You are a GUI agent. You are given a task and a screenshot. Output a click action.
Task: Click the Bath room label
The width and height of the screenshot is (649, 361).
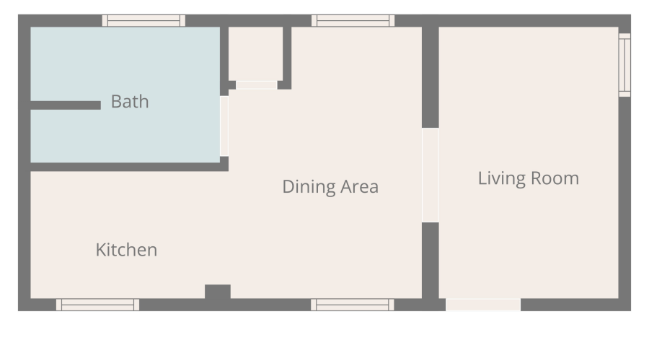pyautogui.click(x=130, y=102)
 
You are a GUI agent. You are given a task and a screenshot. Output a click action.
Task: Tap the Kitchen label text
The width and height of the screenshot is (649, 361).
pyautogui.click(x=126, y=250)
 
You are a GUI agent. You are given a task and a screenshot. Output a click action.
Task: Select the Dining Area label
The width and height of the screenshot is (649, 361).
pyautogui.click(x=330, y=187)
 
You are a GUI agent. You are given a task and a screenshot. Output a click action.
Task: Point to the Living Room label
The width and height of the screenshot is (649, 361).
pyautogui.click(x=529, y=178)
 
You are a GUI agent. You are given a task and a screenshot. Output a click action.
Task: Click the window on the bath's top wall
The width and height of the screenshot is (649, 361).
pyautogui.click(x=144, y=20)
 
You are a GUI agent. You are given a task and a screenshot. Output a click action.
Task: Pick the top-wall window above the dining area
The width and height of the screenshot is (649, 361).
pyautogui.click(x=353, y=20)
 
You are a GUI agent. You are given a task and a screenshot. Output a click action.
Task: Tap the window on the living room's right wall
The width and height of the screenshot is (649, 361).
pyautogui.click(x=624, y=65)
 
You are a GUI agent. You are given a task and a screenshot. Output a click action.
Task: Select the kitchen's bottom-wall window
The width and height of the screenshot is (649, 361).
pyautogui.click(x=97, y=305)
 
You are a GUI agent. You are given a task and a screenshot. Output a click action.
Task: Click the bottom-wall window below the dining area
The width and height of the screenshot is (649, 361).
pyautogui.click(x=352, y=305)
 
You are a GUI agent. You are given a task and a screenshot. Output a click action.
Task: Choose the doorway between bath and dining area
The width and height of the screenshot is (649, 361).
pyautogui.click(x=224, y=126)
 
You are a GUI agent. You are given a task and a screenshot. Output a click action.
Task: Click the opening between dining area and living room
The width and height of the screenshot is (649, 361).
pyautogui.click(x=430, y=175)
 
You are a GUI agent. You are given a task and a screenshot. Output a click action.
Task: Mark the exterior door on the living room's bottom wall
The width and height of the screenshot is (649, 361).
pyautogui.click(x=483, y=305)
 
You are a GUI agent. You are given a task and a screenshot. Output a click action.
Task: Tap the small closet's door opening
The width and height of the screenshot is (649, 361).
pyautogui.click(x=256, y=85)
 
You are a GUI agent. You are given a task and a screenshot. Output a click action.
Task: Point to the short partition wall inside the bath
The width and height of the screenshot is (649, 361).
pyautogui.click(x=66, y=105)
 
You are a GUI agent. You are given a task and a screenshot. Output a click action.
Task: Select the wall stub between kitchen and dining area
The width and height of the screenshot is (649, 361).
pyautogui.click(x=218, y=292)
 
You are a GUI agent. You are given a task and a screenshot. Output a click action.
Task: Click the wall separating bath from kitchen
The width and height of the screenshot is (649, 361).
pyautogui.click(x=129, y=167)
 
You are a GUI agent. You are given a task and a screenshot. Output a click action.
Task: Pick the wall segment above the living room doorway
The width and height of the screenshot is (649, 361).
pyautogui.click(x=430, y=77)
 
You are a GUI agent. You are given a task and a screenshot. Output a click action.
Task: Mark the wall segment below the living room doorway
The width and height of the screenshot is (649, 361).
pyautogui.click(x=430, y=261)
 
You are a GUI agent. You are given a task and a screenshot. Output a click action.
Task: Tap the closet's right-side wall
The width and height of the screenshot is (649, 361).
pyautogui.click(x=287, y=58)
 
